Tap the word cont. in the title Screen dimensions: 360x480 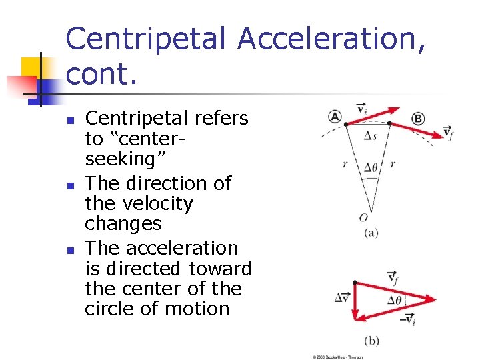[101, 75]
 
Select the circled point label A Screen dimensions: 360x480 [335, 117]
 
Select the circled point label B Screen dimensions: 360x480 [418, 119]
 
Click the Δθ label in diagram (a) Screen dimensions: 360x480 [371, 167]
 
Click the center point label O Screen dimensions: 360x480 [363, 217]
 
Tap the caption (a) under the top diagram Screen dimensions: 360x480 [371, 233]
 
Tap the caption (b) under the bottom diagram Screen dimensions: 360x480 [371, 341]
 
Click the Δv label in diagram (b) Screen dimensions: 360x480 [342, 297]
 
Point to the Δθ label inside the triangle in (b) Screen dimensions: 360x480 [396, 299]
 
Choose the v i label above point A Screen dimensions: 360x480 [361, 108]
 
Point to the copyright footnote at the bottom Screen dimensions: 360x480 [339, 357]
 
